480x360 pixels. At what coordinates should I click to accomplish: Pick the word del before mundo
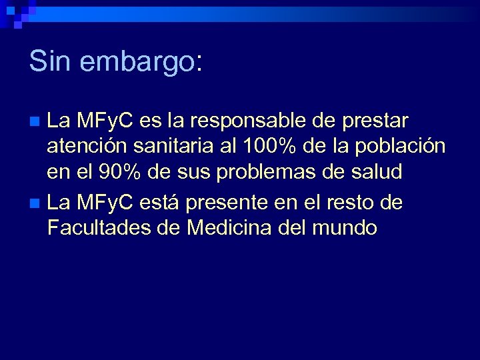298,227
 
